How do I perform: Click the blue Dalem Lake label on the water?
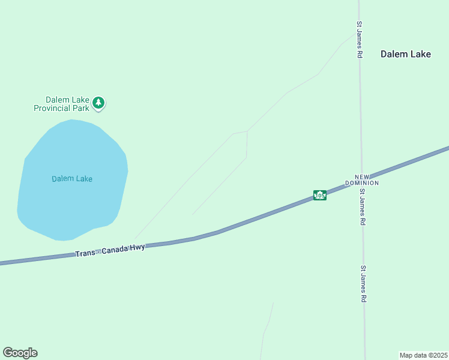(x=72, y=179)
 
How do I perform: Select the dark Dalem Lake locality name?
(x=405, y=54)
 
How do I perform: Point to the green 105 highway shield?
(x=320, y=196)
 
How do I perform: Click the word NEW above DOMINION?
(x=361, y=176)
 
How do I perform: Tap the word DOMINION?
(x=361, y=182)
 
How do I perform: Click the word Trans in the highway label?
(x=85, y=253)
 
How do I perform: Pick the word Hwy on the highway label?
(x=137, y=247)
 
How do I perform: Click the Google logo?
(x=20, y=353)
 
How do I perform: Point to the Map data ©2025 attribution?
(x=424, y=355)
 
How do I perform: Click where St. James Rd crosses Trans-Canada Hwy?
(x=361, y=180)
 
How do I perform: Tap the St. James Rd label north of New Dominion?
(x=359, y=40)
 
